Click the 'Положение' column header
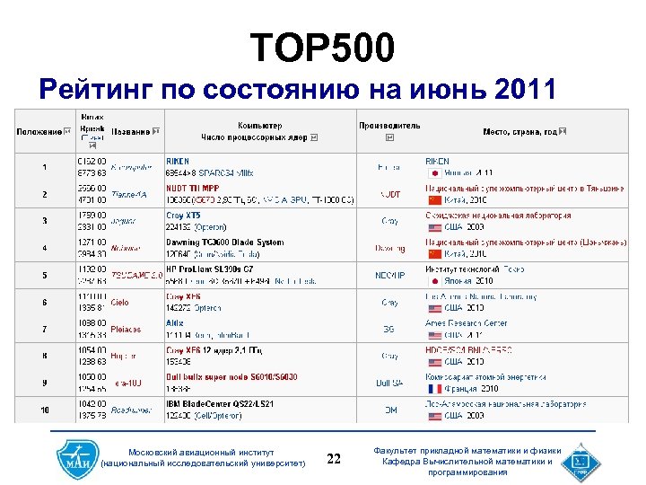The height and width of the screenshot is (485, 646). pos(39,132)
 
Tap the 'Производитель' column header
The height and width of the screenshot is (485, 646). pos(389,126)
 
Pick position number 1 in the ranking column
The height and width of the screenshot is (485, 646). pos(44,167)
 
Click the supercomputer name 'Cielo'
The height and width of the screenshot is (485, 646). pos(119,303)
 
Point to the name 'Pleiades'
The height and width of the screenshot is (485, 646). pos(126,330)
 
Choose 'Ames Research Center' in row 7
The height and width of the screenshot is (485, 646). pos(466,323)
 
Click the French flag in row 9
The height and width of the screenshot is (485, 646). pos(435,389)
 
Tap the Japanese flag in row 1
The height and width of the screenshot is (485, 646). pos(434,172)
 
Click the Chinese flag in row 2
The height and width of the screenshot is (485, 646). pos(435,199)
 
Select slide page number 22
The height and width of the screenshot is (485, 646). pos(334,459)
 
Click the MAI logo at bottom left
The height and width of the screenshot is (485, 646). pos(73,458)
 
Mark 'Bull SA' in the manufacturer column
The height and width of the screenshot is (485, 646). pos(389,384)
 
